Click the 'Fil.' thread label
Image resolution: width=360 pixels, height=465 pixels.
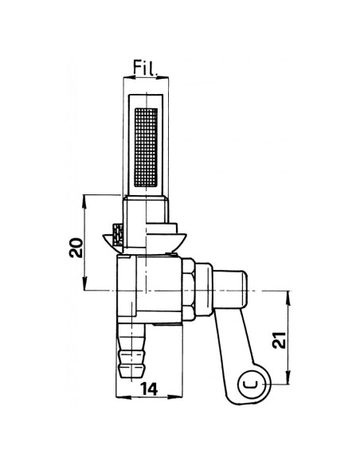[x=145, y=68]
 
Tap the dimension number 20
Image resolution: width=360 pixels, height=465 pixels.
[x=76, y=248]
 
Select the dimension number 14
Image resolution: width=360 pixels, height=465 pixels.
[x=149, y=389]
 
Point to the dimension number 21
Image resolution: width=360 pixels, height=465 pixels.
[x=280, y=340]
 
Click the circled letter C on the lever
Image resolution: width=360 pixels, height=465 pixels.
[x=252, y=384]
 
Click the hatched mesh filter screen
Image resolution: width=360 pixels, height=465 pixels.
[x=146, y=147]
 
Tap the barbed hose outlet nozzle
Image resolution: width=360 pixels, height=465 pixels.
[x=132, y=350]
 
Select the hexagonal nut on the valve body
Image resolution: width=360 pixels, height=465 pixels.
[x=189, y=289]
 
